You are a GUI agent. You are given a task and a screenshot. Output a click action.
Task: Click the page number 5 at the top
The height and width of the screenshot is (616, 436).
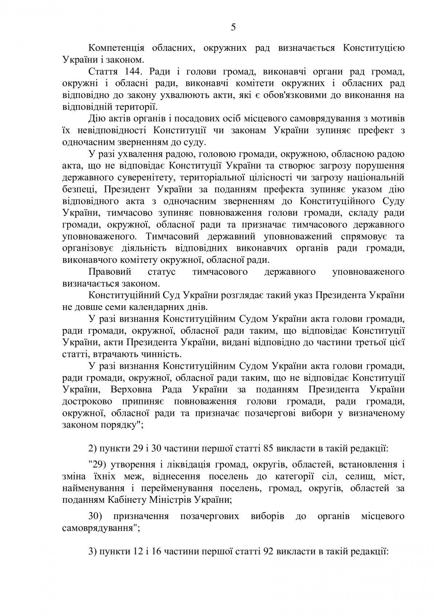(233, 28)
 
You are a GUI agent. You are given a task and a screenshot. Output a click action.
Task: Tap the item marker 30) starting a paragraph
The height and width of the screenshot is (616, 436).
(94, 517)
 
